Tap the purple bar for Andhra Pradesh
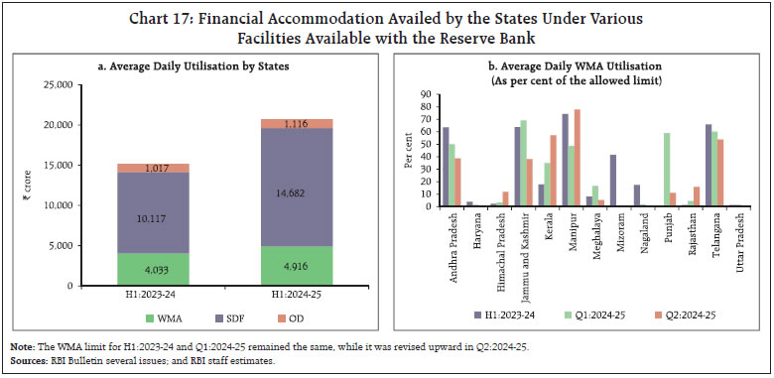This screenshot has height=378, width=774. (446, 167)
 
